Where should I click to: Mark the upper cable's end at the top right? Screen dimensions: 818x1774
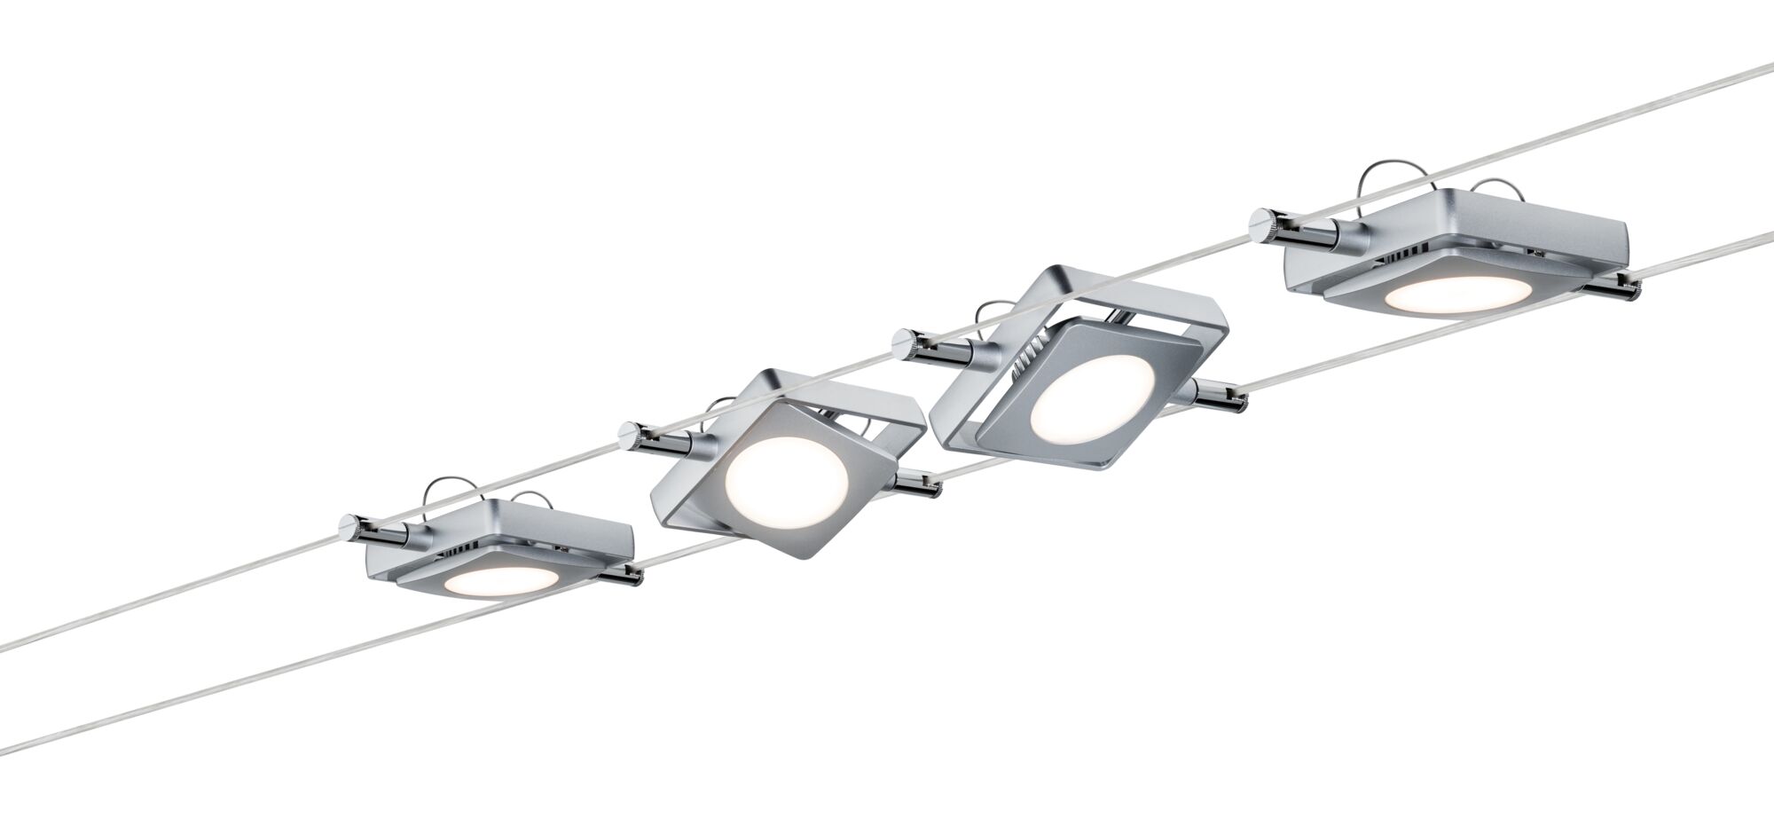coord(1765,67)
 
